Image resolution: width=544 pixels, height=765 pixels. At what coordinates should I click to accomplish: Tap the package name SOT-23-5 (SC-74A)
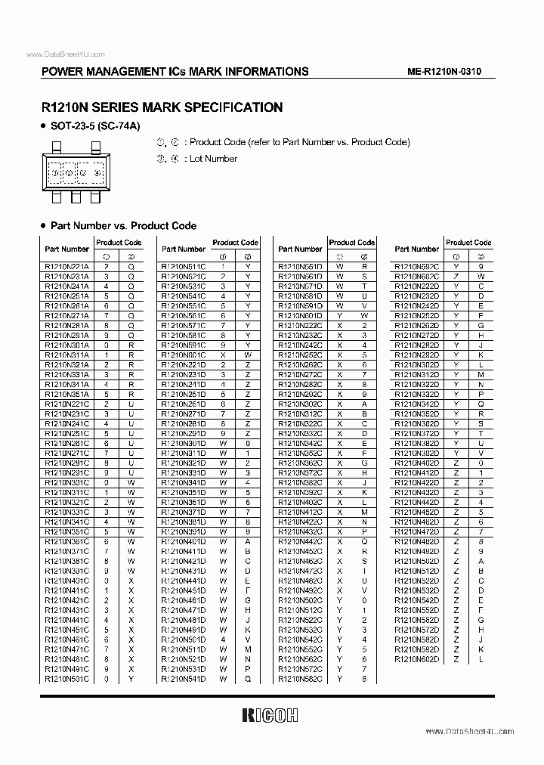tap(96, 125)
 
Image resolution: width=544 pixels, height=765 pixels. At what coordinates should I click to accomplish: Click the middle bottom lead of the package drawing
tap(76, 198)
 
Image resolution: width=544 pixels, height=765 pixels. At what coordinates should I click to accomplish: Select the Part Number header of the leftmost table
tap(66, 249)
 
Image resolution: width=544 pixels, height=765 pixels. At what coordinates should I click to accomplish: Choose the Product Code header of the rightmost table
tap(468, 243)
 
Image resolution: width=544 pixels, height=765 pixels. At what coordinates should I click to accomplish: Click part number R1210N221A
tap(66, 267)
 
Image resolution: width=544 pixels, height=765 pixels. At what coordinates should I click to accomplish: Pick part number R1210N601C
tap(184, 355)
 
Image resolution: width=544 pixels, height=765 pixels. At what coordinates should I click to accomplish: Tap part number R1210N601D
tap(300, 315)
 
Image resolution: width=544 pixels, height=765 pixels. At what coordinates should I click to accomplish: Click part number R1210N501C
tap(66, 679)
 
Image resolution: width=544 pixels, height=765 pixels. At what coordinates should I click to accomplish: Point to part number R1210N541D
tap(184, 679)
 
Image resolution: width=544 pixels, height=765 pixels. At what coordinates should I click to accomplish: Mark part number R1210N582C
tap(300, 679)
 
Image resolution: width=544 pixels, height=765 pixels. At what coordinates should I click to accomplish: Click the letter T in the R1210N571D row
tap(364, 286)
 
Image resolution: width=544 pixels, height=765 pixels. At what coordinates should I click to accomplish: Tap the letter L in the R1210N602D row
tap(481, 659)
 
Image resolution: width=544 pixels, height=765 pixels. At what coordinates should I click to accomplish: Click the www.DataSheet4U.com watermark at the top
tap(65, 54)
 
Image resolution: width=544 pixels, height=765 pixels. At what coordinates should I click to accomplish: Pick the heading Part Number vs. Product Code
tap(123, 225)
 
